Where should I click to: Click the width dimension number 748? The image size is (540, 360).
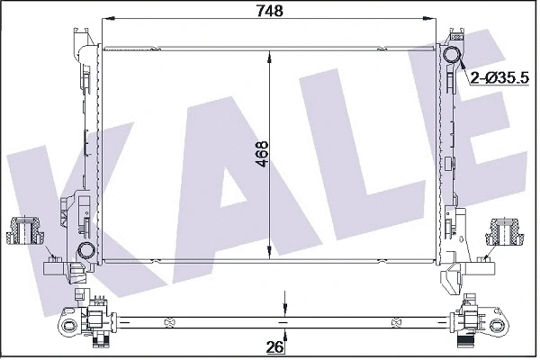coord(270,11)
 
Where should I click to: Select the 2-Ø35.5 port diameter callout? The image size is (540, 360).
coord(499,80)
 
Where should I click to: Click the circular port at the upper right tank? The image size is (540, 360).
coord(454,58)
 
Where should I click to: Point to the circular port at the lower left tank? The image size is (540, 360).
coord(86,251)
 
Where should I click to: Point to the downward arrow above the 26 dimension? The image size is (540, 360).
coord(283,304)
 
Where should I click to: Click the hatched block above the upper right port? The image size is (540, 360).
coord(454,38)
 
